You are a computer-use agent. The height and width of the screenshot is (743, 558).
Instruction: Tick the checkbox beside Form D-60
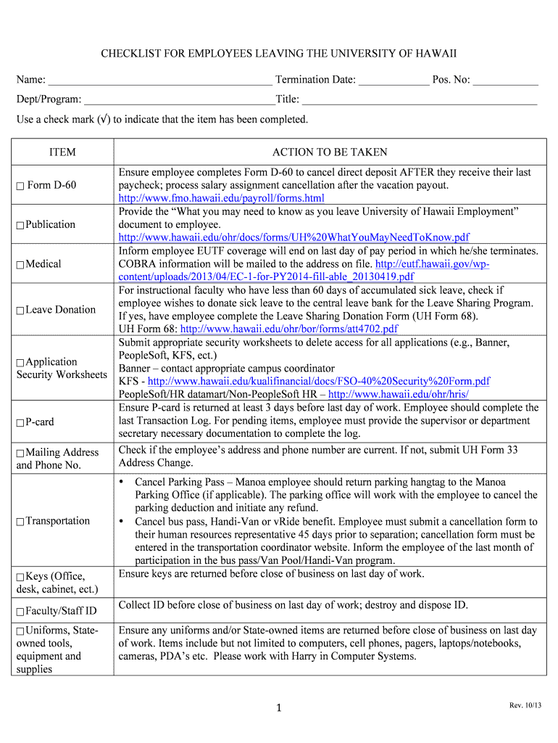click(20, 186)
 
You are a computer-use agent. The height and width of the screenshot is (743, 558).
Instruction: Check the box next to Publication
click(20, 225)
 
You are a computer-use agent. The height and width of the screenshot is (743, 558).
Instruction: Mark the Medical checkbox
click(20, 264)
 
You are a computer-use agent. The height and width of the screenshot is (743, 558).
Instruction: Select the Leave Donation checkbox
click(20, 311)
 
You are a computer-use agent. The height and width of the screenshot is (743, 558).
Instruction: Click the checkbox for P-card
click(20, 422)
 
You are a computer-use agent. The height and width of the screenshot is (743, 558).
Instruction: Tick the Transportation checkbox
click(20, 522)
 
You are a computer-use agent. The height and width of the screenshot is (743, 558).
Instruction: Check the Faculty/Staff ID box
click(20, 611)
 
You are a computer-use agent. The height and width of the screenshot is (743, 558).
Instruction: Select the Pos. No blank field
click(506, 81)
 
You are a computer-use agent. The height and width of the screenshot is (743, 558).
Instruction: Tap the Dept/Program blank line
click(179, 100)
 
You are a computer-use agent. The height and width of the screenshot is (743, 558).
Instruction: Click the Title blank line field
click(420, 100)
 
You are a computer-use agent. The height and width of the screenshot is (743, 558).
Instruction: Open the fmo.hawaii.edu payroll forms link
click(221, 198)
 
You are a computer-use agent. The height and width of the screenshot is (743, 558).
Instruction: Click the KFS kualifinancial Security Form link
click(318, 381)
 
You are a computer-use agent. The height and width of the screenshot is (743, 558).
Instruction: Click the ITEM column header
click(62, 152)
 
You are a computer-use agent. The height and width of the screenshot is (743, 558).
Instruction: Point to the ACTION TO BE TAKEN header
click(330, 152)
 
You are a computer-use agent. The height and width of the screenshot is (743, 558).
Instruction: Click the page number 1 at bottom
click(278, 708)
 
